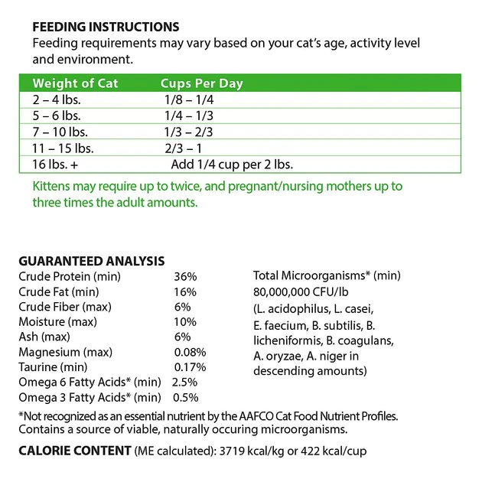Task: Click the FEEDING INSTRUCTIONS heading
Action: (106, 28)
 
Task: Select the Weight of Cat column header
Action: (76, 83)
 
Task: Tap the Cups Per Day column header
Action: (202, 83)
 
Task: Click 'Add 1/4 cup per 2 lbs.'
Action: (232, 164)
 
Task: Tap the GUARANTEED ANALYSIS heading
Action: (91, 261)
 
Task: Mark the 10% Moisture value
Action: (186, 321)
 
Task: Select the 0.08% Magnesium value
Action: (190, 352)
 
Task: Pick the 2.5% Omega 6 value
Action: (185, 382)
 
